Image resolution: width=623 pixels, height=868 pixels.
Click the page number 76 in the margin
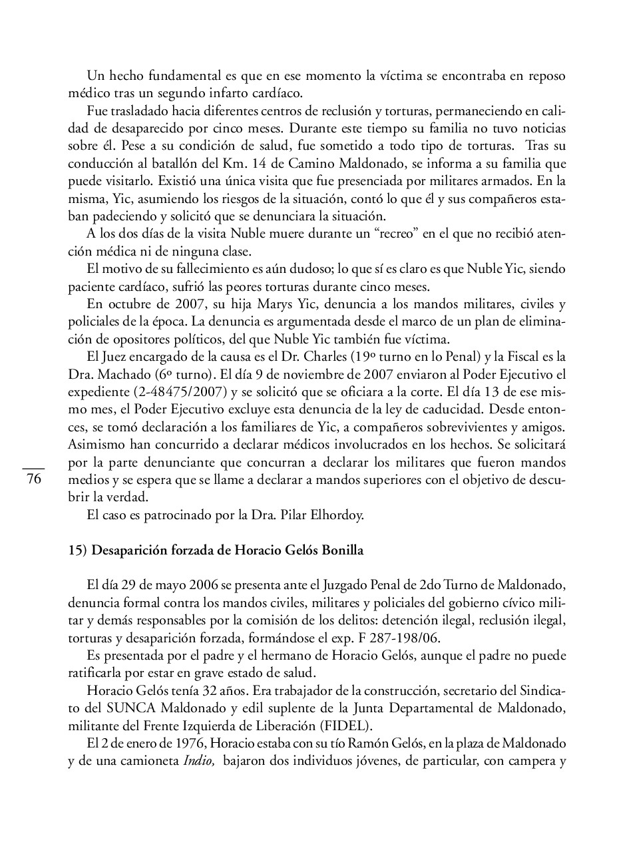coord(34,480)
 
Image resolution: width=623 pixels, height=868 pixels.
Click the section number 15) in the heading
coord(77,550)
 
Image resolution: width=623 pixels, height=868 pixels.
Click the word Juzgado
coord(345,586)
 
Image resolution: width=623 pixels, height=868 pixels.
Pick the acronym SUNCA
coord(124,707)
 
